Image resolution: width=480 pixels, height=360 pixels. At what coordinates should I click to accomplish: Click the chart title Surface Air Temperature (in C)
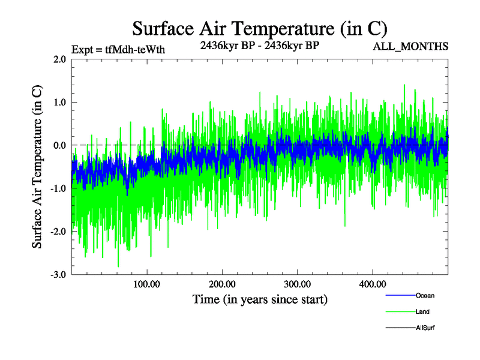click(260, 28)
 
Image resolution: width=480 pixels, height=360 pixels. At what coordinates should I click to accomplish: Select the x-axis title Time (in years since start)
click(260, 298)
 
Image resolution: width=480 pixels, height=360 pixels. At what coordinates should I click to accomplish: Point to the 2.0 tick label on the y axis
click(59, 59)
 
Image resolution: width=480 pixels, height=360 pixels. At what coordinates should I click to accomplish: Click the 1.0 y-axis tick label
click(59, 103)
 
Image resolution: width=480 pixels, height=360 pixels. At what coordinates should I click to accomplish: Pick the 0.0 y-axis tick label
click(59, 145)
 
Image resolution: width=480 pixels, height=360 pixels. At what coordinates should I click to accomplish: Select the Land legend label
click(422, 311)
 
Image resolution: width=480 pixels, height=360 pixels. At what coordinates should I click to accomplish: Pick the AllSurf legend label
click(425, 328)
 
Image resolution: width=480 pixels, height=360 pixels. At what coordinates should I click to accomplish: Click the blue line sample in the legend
click(399, 295)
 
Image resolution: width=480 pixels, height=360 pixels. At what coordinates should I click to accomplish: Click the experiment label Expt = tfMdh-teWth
click(118, 49)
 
